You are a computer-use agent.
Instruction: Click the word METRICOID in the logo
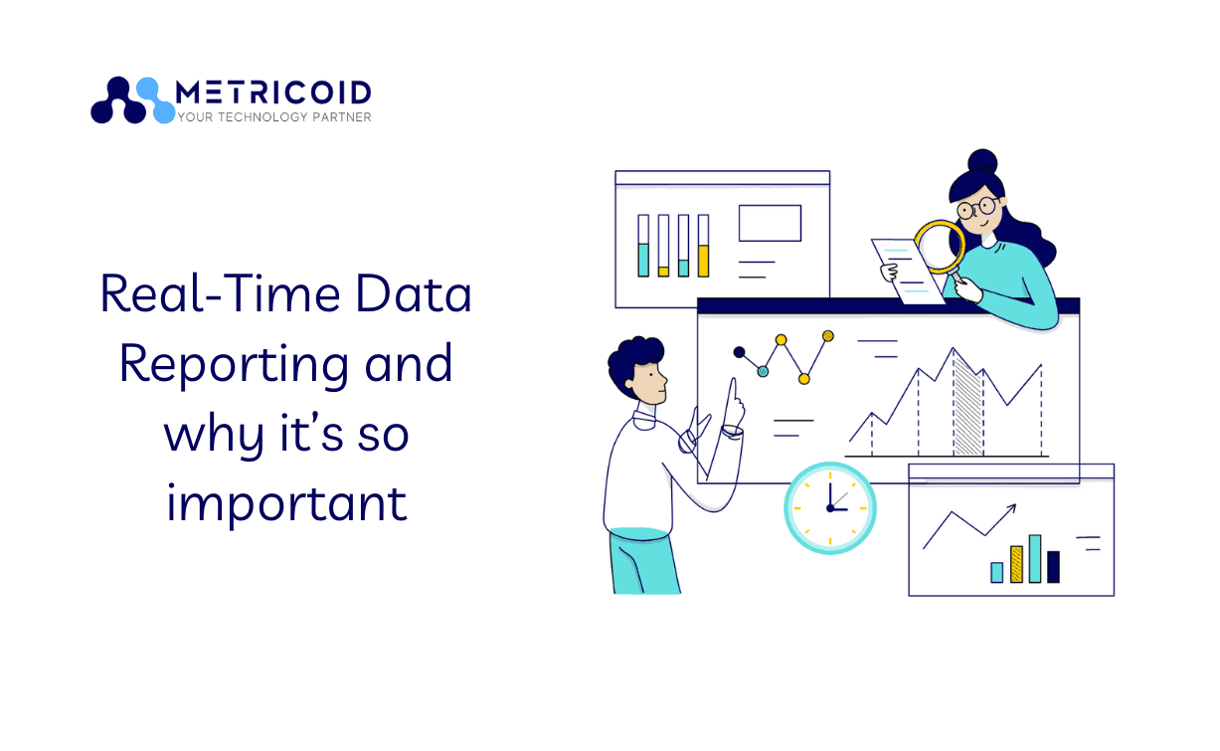[273, 93]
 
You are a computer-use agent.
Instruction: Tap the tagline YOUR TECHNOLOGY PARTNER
[274, 117]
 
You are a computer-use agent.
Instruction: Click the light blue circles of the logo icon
[156, 101]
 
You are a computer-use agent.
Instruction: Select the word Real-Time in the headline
[221, 294]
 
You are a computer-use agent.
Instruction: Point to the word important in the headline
[286, 504]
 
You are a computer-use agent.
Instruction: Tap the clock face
[830, 508]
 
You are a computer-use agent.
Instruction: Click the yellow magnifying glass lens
[940, 247]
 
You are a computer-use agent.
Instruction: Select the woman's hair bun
[982, 162]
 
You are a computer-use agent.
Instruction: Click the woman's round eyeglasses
[977, 208]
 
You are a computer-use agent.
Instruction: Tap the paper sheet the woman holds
[908, 271]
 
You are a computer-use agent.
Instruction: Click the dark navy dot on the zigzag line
[739, 352]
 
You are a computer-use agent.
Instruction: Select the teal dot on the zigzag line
[763, 372]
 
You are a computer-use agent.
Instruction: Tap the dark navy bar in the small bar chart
[1053, 567]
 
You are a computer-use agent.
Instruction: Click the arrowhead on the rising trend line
[1011, 508]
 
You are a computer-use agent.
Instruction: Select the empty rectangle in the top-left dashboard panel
[770, 223]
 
